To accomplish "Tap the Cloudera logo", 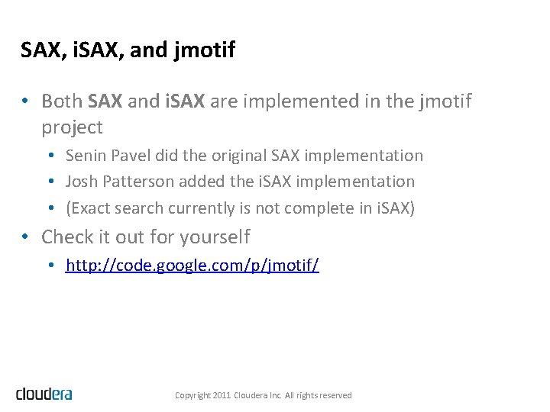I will click(44, 394).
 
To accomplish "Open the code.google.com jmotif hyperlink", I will click(192, 266).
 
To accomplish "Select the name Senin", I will click(86, 156).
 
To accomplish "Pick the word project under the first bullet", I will click(72, 127).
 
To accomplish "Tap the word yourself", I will click(215, 237).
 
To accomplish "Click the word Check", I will click(66, 237).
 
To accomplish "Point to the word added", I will click(202, 182).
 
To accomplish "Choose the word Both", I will click(63, 101).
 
